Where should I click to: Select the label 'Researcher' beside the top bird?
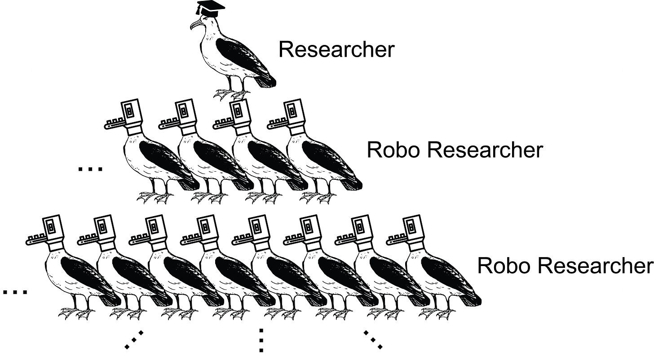pos(336,49)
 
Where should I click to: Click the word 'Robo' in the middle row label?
pos(393,150)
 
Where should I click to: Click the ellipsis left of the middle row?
pos(90,169)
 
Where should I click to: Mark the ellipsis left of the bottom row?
pos(15,292)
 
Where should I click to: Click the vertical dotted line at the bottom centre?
pos(261,340)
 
